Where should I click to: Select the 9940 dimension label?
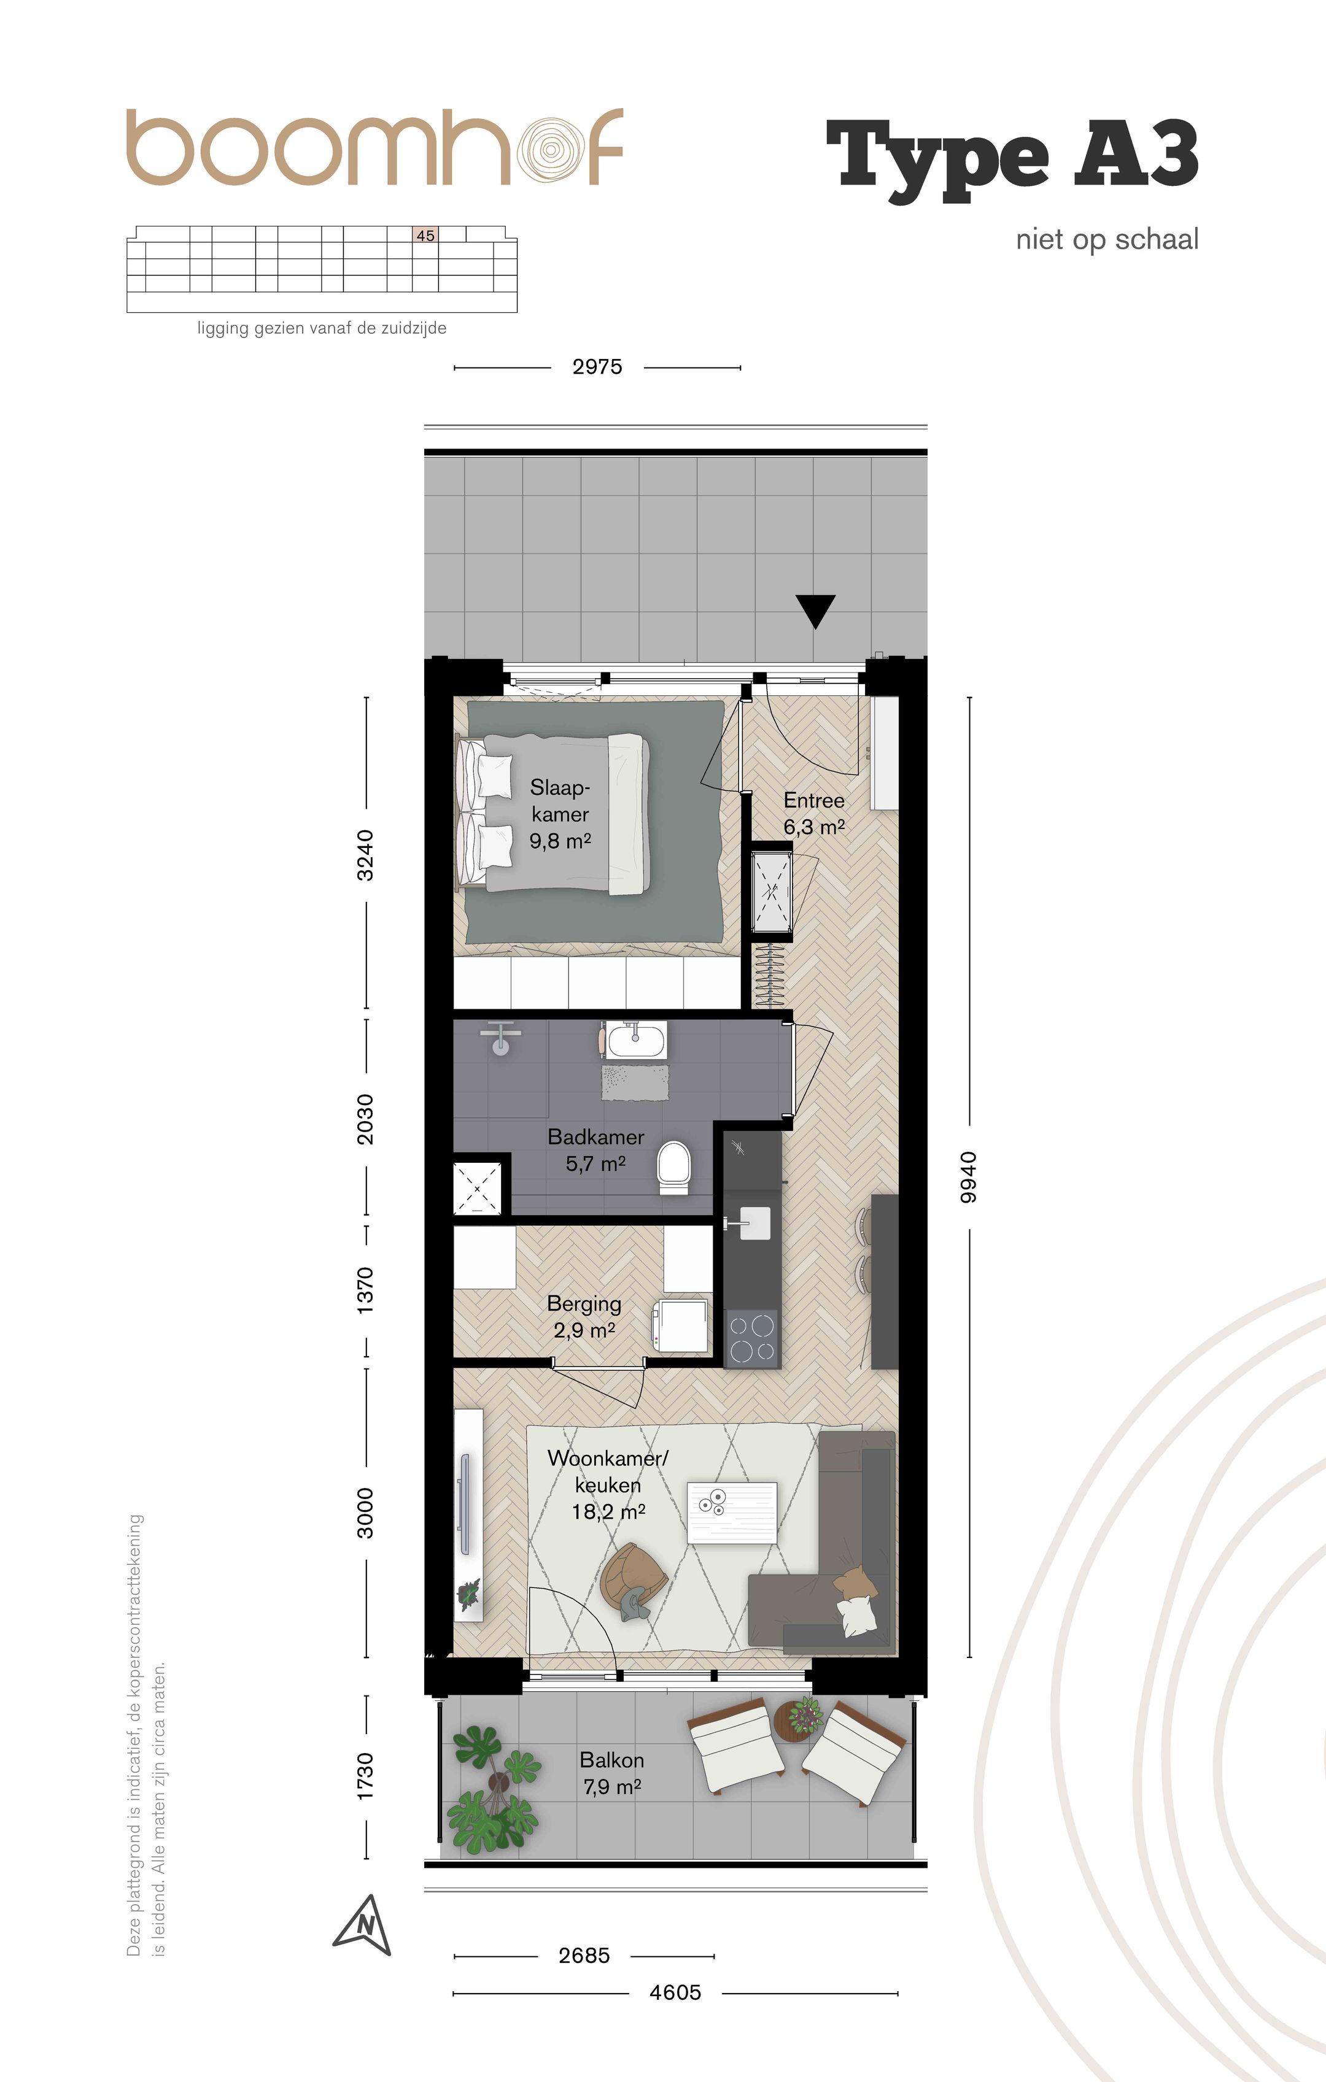pyautogui.click(x=969, y=1178)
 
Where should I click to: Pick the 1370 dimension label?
pyautogui.click(x=366, y=1290)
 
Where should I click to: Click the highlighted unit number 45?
pyautogui.click(x=425, y=235)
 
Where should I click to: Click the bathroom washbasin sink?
pyautogui.click(x=634, y=1040)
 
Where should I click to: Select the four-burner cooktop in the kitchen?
pyautogui.click(x=751, y=1338)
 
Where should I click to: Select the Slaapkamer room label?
pyautogui.click(x=560, y=814)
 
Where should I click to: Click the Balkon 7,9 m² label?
pyautogui.click(x=613, y=1773)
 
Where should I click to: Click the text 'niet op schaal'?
pyautogui.click(x=1107, y=239)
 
